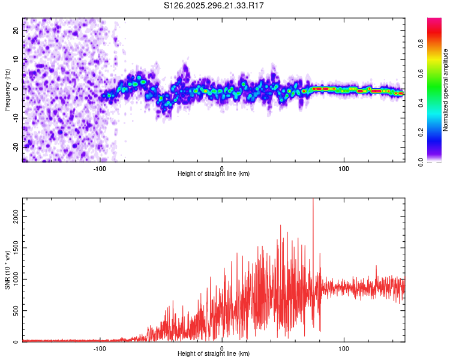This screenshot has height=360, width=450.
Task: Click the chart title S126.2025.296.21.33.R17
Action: pos(214,5)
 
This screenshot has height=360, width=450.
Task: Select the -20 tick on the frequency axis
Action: pos(17,146)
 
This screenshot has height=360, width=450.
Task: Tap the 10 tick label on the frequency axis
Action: pos(17,59)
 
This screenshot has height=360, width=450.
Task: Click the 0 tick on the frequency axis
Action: pos(17,88)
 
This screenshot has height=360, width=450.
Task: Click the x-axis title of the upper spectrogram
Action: pos(214,173)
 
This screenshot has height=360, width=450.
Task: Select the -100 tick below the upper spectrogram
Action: pos(100,168)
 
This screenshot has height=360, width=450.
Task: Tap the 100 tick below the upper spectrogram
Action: pos(344,168)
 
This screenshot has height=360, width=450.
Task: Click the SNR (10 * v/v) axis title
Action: pos(7,271)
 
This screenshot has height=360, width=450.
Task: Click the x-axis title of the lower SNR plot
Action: pos(214,354)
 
